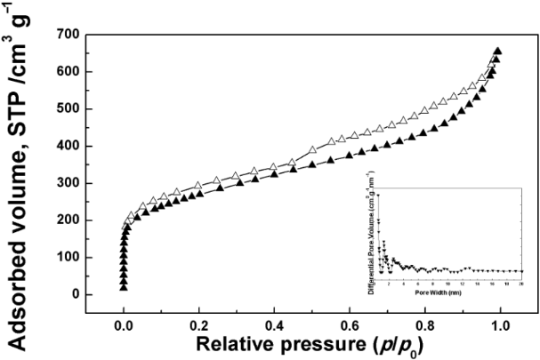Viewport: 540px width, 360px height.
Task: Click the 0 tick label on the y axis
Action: point(75,294)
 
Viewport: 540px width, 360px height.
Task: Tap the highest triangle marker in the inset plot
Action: point(378,195)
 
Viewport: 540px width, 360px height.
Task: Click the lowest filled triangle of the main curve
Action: point(124,286)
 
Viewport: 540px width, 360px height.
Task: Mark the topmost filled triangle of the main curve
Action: point(498,51)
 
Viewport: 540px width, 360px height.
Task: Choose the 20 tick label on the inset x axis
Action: point(521,283)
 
